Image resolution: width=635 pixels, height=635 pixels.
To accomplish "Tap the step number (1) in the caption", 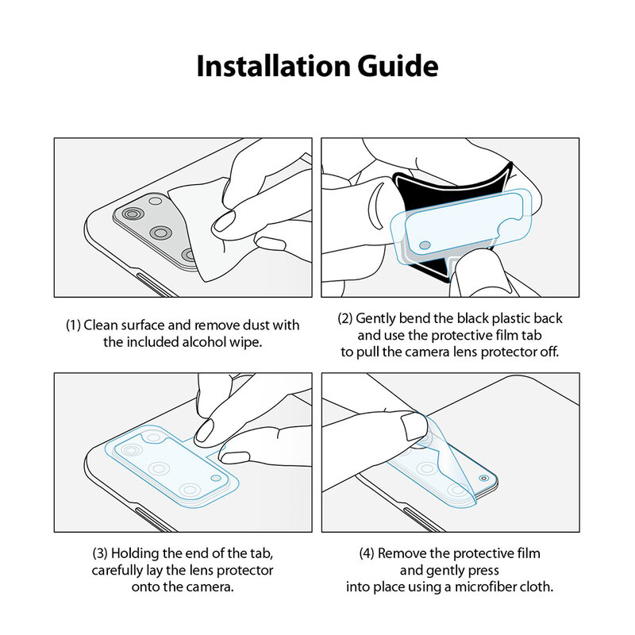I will (72, 325).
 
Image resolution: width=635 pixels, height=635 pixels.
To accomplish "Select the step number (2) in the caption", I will (344, 318).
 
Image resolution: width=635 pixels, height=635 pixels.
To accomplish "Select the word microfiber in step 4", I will (491, 587).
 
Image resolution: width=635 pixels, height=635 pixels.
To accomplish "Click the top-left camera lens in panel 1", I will (129, 215).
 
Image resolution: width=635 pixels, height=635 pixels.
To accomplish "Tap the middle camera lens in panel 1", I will (162, 233).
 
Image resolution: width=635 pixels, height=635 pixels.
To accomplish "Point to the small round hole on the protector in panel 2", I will (425, 244).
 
